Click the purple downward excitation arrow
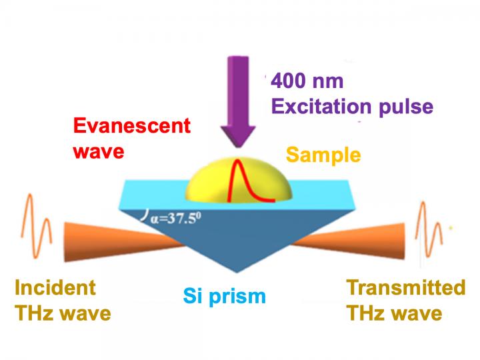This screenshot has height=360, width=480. click(x=238, y=102)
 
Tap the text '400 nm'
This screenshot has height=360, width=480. click(x=307, y=81)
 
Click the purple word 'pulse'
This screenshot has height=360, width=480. click(x=406, y=107)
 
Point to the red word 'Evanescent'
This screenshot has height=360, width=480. click(x=132, y=125)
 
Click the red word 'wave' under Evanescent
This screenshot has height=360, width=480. click(x=99, y=151)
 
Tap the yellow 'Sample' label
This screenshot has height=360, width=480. click(x=323, y=155)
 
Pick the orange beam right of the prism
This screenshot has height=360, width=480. click(x=349, y=241)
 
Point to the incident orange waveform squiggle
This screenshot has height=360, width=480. click(x=36, y=226)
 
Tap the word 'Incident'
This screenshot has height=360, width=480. click(x=55, y=287)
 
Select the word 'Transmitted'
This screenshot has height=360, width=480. click(x=406, y=287)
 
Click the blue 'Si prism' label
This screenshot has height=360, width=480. click(x=225, y=296)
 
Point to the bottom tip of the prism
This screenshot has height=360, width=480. click(x=237, y=272)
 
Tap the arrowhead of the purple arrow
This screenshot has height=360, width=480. click(x=238, y=136)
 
